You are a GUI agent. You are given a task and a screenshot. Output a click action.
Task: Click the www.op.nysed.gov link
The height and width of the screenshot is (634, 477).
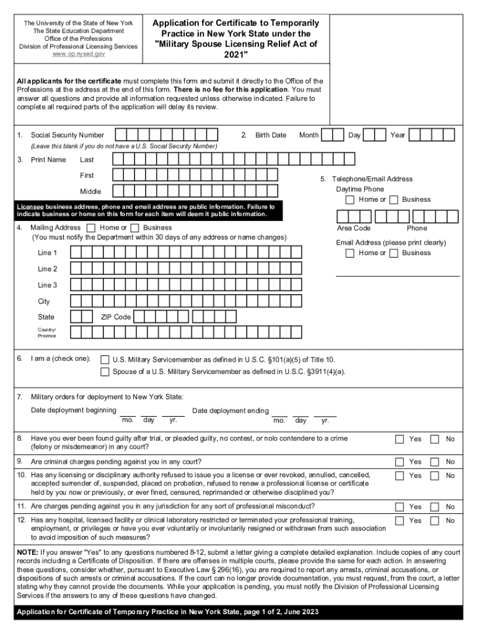pyautogui.click(x=78, y=54)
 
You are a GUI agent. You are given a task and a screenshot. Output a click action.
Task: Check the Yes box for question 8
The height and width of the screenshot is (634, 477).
pyautogui.click(x=400, y=440)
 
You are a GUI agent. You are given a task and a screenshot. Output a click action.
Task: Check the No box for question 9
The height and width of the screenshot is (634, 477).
pyautogui.click(x=435, y=462)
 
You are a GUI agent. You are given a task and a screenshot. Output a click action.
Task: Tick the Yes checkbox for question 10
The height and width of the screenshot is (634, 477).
pyautogui.click(x=400, y=475)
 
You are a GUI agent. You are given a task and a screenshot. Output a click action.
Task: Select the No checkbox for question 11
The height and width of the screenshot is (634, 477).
pyautogui.click(x=435, y=506)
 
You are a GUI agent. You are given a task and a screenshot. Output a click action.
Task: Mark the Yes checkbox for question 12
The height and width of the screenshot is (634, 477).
pyautogui.click(x=400, y=521)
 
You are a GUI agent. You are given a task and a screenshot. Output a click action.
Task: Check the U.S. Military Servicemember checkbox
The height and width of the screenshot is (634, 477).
pyautogui.click(x=105, y=360)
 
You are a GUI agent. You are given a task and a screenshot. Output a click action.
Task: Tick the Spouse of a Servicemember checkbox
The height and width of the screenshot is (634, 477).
pyautogui.click(x=105, y=372)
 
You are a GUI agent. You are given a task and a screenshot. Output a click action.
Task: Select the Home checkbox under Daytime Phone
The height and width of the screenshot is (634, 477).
pyautogui.click(x=350, y=200)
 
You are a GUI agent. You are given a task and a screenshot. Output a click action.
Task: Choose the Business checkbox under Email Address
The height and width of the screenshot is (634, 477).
pyautogui.click(x=393, y=253)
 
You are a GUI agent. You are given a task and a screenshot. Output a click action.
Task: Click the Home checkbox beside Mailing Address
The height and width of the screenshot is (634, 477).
pyautogui.click(x=92, y=228)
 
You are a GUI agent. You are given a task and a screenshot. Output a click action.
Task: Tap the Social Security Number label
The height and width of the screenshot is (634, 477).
pyautogui.click(x=68, y=135)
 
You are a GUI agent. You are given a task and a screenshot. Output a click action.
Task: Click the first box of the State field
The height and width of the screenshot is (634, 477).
pyautogui.click(x=76, y=317)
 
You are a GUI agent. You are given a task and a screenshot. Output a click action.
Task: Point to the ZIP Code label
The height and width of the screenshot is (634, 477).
pyautogui.click(x=116, y=317)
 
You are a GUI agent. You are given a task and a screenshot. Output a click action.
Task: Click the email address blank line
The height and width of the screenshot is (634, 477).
pyautogui.click(x=398, y=274)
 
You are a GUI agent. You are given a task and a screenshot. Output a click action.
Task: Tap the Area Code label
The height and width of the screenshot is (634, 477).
pyautogui.click(x=354, y=228)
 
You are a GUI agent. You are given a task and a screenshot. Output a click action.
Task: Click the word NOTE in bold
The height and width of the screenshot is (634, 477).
pyautogui.click(x=27, y=552)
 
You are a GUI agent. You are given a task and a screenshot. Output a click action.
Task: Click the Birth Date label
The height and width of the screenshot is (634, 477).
pyautogui.click(x=271, y=135)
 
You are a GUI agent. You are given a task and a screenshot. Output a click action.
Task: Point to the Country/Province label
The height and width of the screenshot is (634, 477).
pyautogui.click(x=47, y=332)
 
